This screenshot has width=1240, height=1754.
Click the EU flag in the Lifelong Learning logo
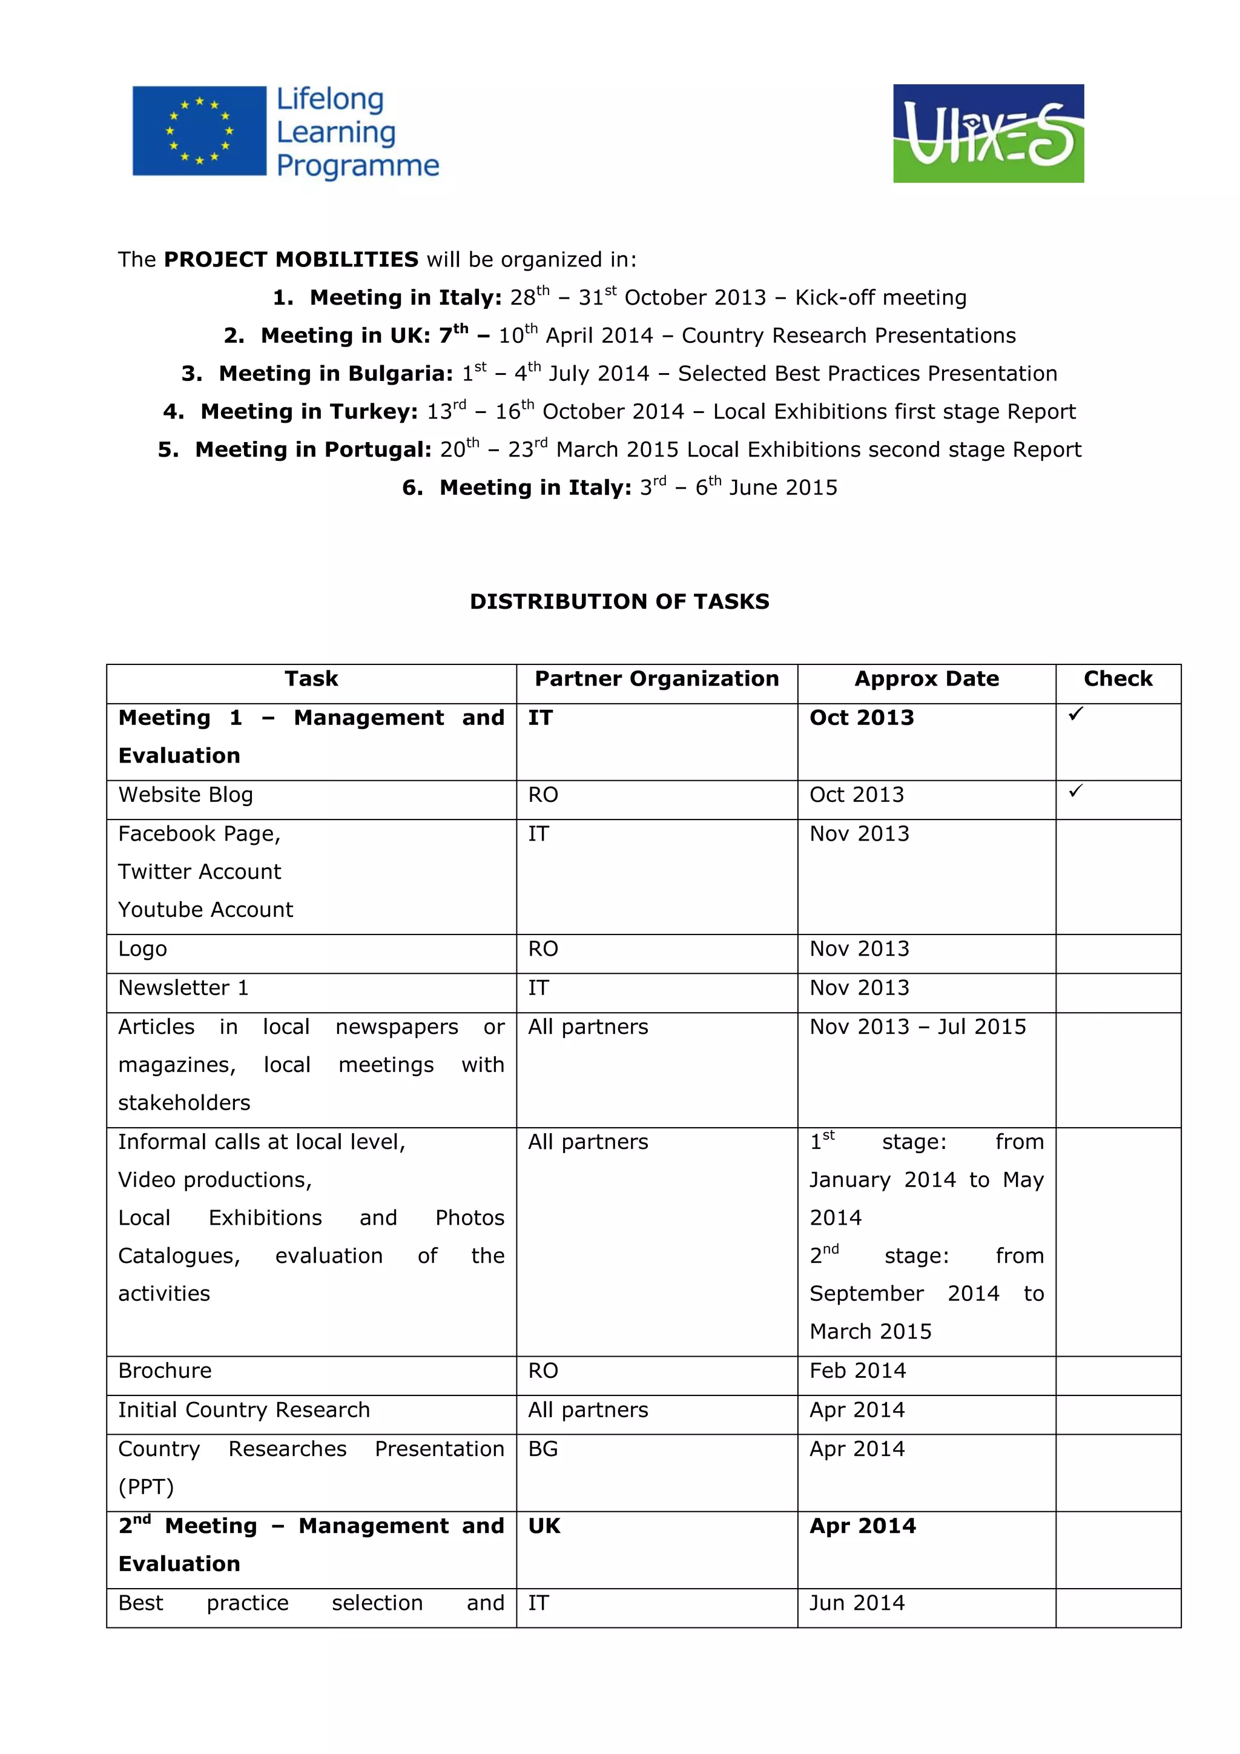(199, 131)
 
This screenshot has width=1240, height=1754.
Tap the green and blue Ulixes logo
(988, 134)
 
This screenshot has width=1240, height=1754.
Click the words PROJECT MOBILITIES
(291, 260)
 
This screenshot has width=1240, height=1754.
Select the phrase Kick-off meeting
(880, 298)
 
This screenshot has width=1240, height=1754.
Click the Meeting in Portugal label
(313, 450)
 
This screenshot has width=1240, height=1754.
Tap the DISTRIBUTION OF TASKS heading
(619, 602)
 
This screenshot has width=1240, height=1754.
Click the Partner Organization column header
(657, 679)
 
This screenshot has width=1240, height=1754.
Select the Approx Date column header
(926, 679)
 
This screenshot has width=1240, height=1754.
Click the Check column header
(1118, 679)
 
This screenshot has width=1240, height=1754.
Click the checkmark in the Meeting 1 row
(1075, 713)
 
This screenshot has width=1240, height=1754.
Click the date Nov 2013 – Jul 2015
(918, 1027)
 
